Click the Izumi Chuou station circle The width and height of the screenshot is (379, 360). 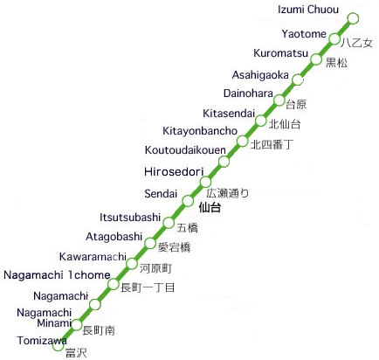click(x=353, y=18)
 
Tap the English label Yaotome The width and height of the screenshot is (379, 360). click(x=304, y=34)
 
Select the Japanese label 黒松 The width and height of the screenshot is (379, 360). click(x=336, y=63)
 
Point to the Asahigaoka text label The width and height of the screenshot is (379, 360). click(x=260, y=74)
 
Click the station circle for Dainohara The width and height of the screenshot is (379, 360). click(x=279, y=100)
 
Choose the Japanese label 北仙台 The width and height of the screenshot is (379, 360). click(x=285, y=124)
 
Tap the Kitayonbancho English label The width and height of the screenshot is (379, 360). click(x=200, y=130)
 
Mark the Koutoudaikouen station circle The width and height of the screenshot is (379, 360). click(x=224, y=162)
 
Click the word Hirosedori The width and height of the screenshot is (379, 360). click(x=175, y=170)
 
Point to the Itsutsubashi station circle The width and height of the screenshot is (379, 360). click(x=169, y=222)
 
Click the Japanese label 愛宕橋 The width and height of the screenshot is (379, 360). click(x=174, y=247)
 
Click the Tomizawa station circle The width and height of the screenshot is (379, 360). click(x=58, y=346)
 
